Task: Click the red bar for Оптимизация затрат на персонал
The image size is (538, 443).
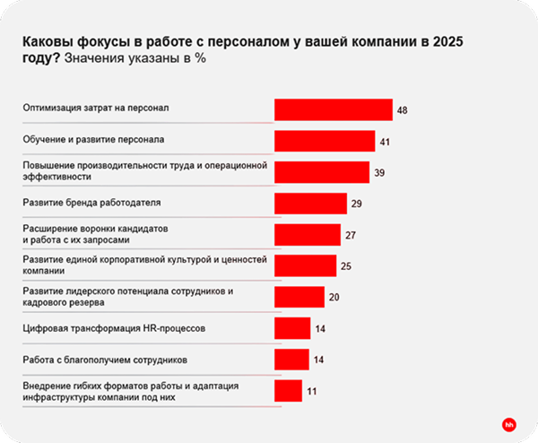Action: [x=333, y=109]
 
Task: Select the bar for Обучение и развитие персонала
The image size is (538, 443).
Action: [x=324, y=141]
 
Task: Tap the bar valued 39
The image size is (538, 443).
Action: [x=321, y=172]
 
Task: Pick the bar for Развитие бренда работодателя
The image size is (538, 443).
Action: [x=310, y=204]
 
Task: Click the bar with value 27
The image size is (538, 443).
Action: [x=307, y=235]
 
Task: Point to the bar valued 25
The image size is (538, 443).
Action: [x=305, y=265]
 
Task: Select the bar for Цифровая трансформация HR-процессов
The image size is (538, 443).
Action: [x=292, y=328]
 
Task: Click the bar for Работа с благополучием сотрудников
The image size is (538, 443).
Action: [x=292, y=360]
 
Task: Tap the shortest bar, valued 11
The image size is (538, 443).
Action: [x=288, y=391]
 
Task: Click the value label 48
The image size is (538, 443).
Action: [x=403, y=110]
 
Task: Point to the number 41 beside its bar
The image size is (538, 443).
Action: [x=386, y=142]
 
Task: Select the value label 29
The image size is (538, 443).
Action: [x=356, y=204]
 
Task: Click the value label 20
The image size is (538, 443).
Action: [x=334, y=298]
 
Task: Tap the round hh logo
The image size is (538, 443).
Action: [x=508, y=422]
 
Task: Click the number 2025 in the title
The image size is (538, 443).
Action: [x=450, y=42]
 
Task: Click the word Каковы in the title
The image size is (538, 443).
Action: [x=46, y=42]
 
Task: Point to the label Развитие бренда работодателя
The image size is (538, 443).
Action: [x=91, y=204]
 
